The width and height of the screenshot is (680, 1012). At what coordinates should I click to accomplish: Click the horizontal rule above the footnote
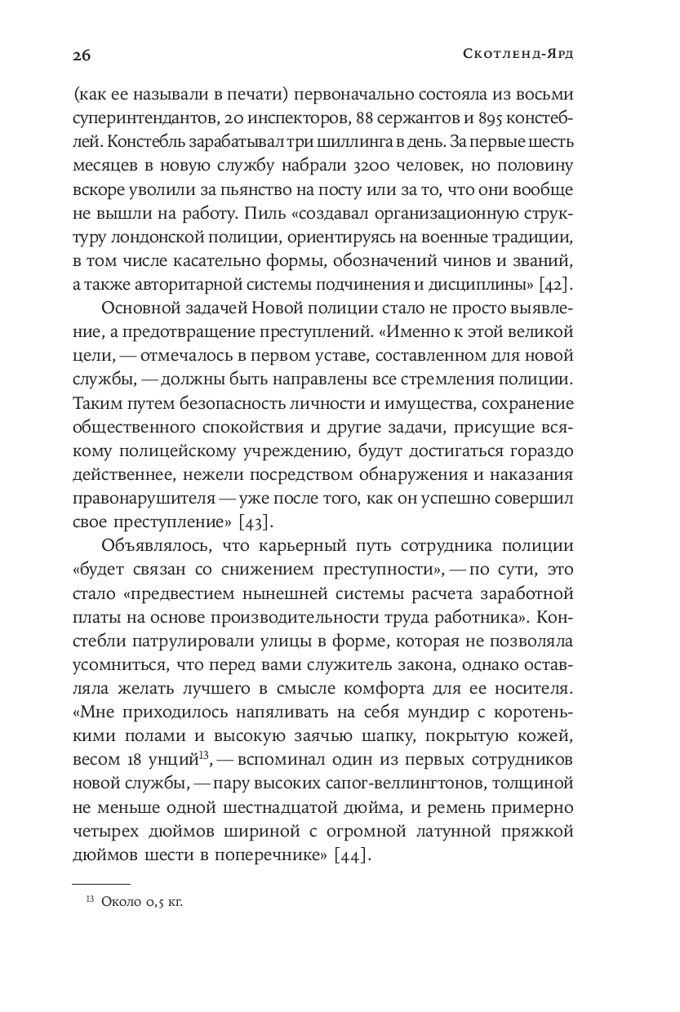[x=100, y=884]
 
